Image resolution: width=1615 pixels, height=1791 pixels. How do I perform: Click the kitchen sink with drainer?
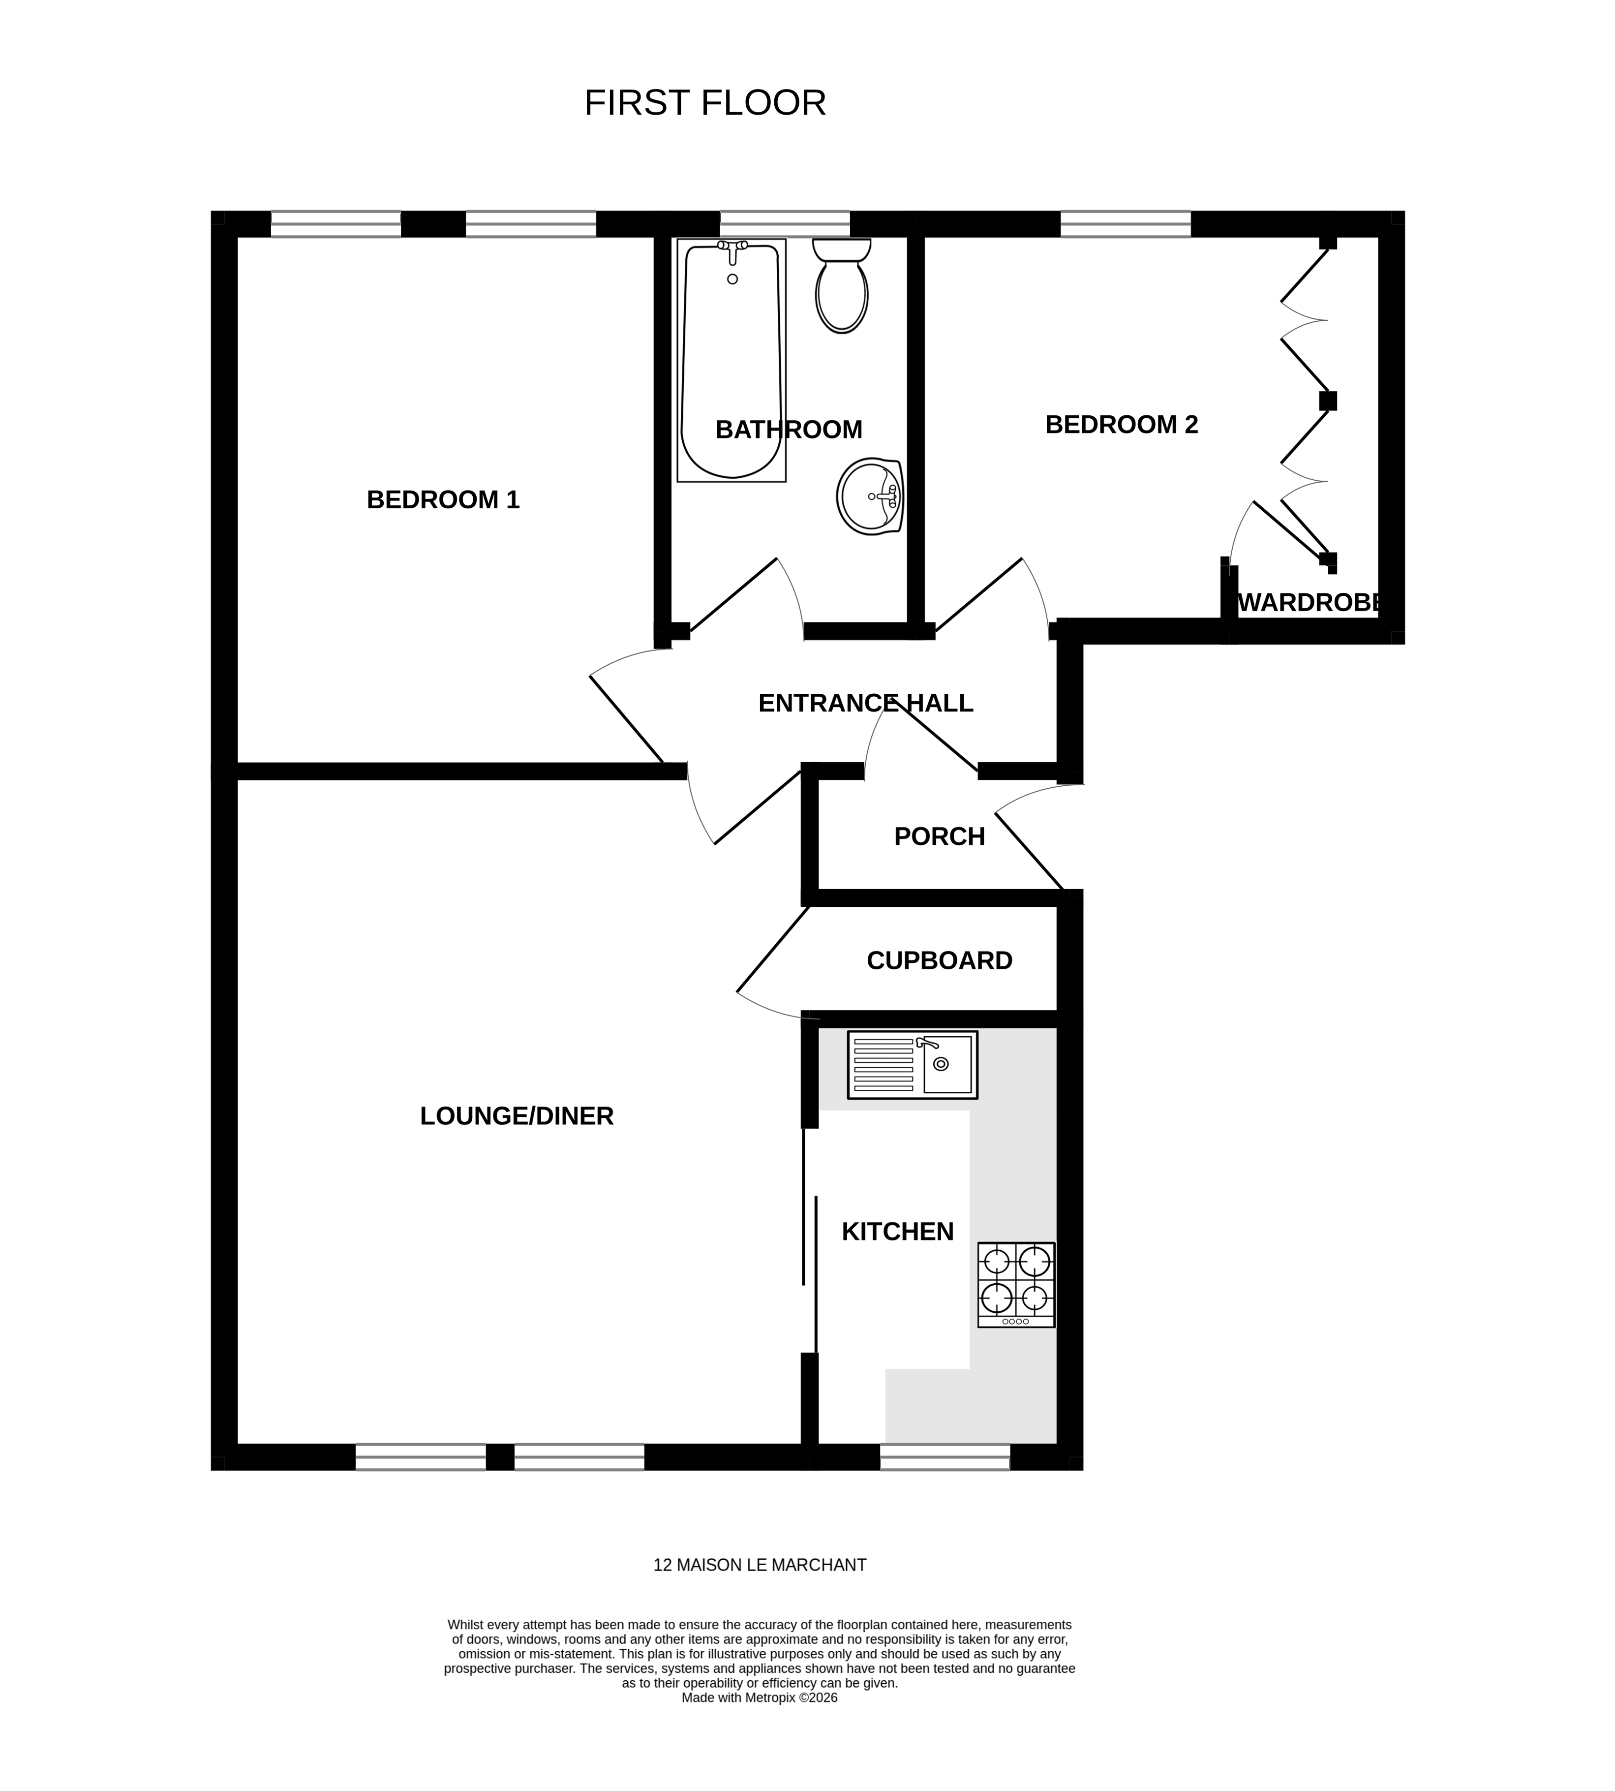click(x=912, y=1065)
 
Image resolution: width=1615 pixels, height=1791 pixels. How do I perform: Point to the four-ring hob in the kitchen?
click(x=1016, y=1284)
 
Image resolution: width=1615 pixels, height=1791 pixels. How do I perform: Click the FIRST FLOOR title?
click(x=704, y=103)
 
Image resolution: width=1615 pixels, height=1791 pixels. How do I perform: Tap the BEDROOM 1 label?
click(x=443, y=500)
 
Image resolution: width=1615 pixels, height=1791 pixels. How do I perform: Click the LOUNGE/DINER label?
click(x=517, y=1116)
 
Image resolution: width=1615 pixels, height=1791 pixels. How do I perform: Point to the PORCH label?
click(x=939, y=837)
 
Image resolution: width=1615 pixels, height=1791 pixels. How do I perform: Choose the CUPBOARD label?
click(x=939, y=961)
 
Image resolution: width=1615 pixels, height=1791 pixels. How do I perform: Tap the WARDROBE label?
click(x=1309, y=603)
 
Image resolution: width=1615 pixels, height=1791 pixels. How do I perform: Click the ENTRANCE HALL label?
click(x=865, y=704)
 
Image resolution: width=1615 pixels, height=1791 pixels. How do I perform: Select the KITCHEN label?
click(x=897, y=1232)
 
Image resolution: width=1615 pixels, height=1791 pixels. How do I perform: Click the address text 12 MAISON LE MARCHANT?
click(x=760, y=1566)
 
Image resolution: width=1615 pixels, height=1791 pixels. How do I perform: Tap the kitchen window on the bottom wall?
click(x=944, y=1457)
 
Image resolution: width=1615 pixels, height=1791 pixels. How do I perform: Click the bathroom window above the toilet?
click(x=785, y=224)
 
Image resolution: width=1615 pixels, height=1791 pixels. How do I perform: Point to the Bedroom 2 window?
click(x=1125, y=224)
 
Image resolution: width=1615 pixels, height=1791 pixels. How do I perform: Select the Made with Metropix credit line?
click(x=760, y=1698)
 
